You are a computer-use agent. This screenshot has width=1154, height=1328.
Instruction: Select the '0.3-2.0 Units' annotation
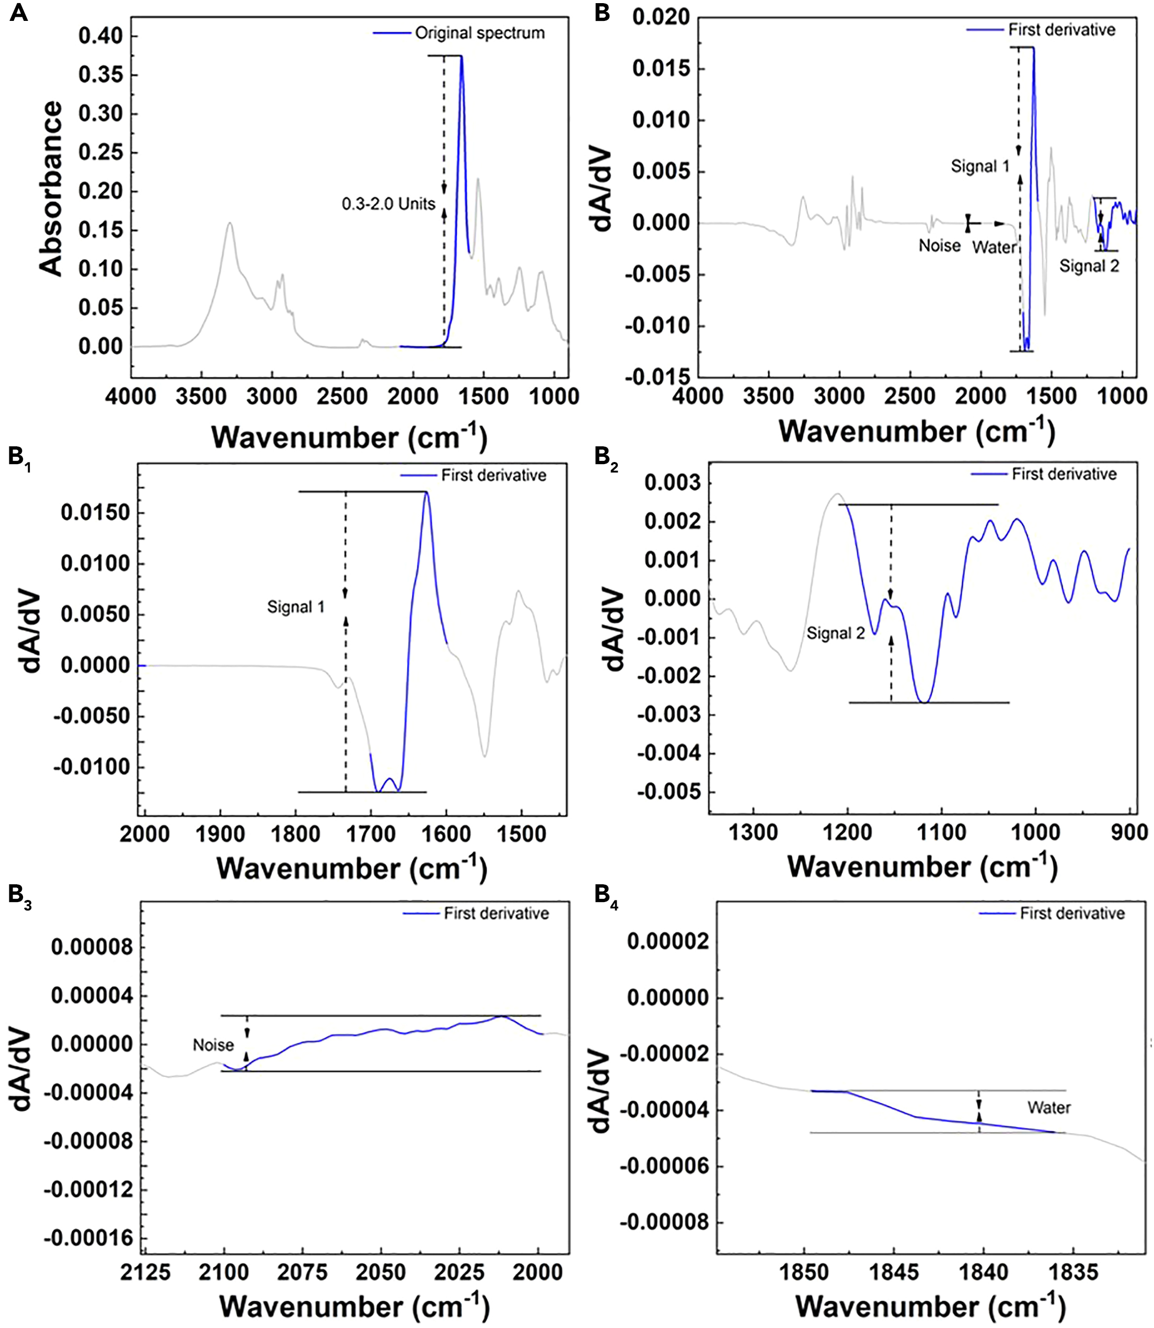[388, 204]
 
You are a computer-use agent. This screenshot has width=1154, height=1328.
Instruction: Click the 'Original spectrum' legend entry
[479, 33]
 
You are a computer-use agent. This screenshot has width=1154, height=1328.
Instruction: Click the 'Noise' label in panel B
[940, 246]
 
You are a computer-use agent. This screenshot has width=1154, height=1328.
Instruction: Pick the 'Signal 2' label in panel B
[1090, 265]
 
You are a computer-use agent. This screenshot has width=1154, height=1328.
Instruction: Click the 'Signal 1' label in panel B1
[296, 607]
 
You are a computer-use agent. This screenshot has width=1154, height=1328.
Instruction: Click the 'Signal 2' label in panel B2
[836, 633]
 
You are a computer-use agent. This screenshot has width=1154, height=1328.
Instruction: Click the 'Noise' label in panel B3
[213, 1045]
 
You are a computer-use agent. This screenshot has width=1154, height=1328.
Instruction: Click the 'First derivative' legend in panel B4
[1072, 913]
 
